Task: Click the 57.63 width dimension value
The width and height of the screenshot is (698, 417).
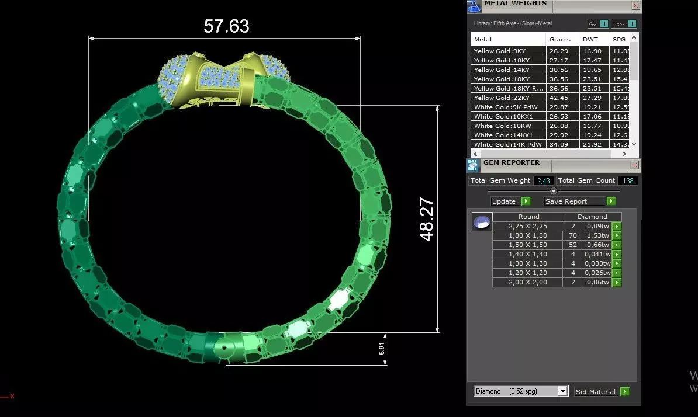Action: [x=226, y=26]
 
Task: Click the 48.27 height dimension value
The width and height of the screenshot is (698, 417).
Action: [x=427, y=220]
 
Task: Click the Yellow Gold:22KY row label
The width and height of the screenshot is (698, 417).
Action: [x=502, y=98]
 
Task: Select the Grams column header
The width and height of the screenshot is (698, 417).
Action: [x=559, y=39]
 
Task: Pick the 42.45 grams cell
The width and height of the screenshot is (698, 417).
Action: [x=559, y=98]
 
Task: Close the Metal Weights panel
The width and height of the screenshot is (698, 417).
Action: [x=635, y=6]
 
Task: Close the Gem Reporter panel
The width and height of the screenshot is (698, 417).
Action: [x=635, y=165]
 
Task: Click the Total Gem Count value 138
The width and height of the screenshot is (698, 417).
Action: [x=627, y=181]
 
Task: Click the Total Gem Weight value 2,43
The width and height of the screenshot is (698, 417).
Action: [x=543, y=181]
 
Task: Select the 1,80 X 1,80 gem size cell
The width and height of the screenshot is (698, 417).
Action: [x=527, y=235]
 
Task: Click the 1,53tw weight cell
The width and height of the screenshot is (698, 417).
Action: [x=597, y=235]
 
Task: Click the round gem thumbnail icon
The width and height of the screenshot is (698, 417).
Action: [x=482, y=222]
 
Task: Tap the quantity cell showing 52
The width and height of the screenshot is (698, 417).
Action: [x=573, y=245]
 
